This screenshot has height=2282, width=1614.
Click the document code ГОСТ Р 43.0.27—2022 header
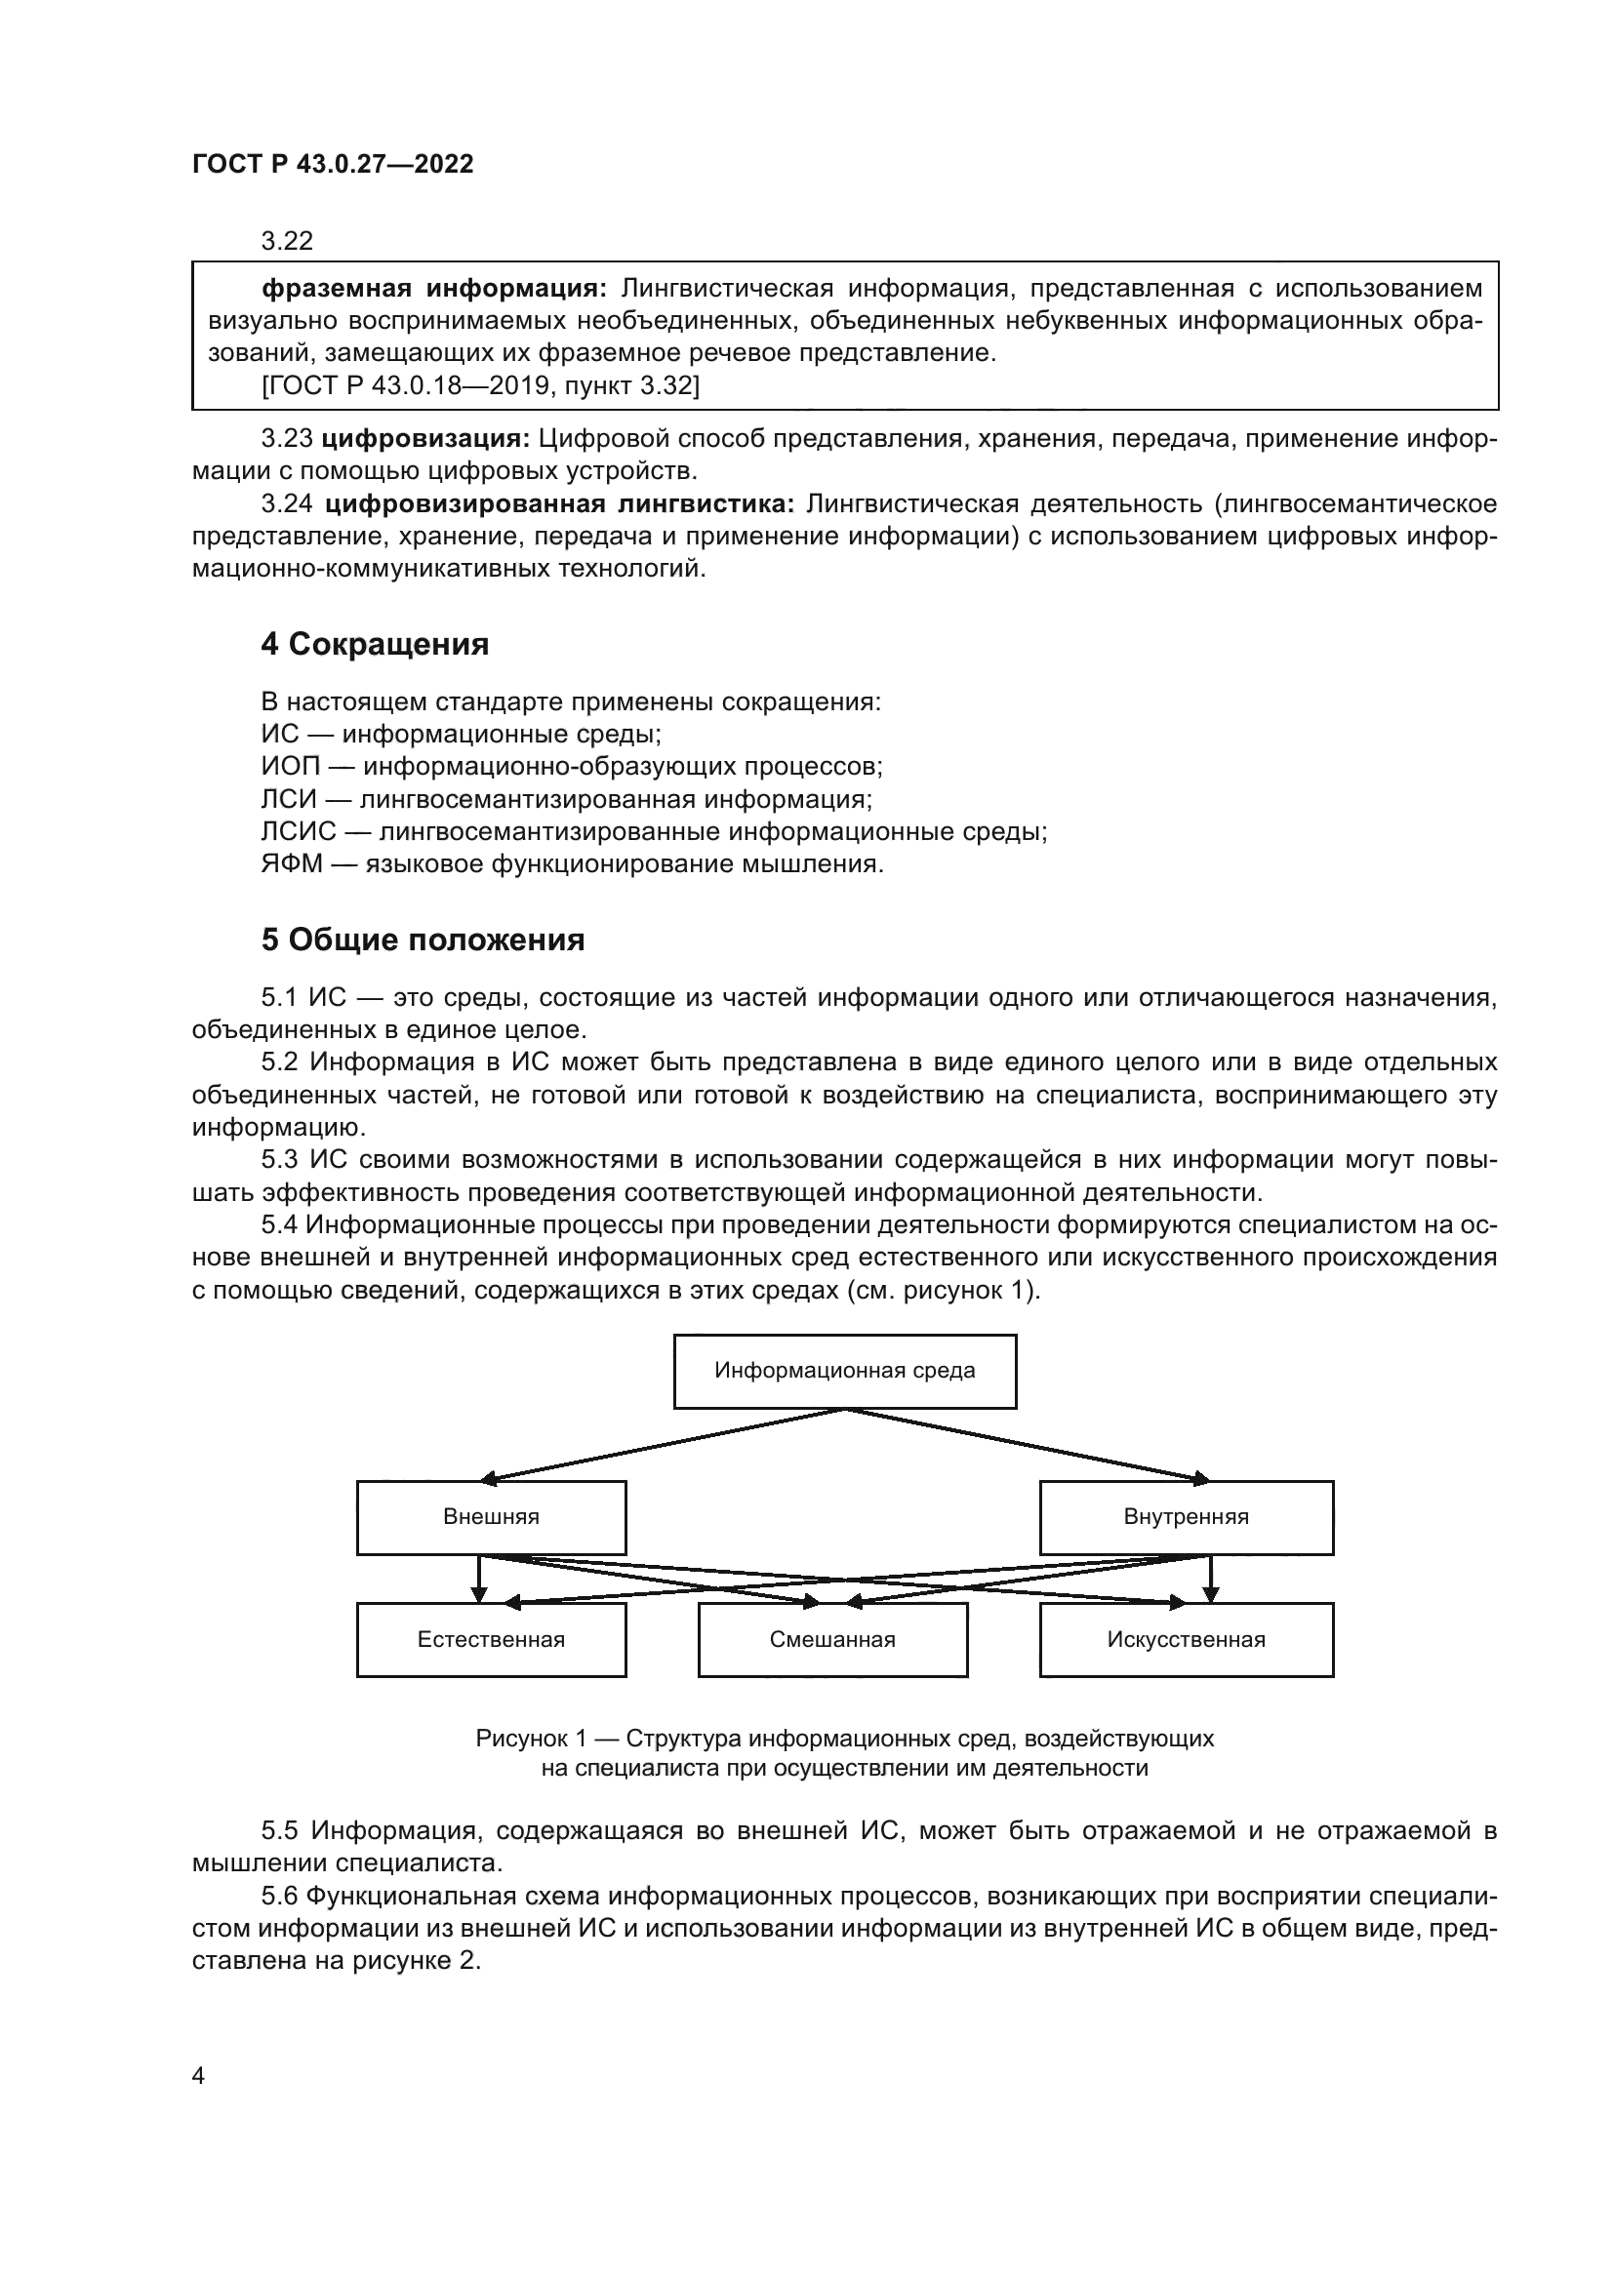pos(333,165)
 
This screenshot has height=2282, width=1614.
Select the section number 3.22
pos(287,242)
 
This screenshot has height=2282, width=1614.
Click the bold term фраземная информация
pos(433,289)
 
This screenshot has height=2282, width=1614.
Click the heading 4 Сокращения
pos(375,645)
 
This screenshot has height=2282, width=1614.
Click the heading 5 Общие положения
pos(423,941)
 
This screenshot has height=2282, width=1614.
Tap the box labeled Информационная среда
pos(845,1372)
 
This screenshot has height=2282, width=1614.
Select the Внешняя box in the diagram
pos(491,1518)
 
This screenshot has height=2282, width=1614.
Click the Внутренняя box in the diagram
pos(1186,1518)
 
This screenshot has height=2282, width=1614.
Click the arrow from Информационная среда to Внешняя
pos(666,1444)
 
